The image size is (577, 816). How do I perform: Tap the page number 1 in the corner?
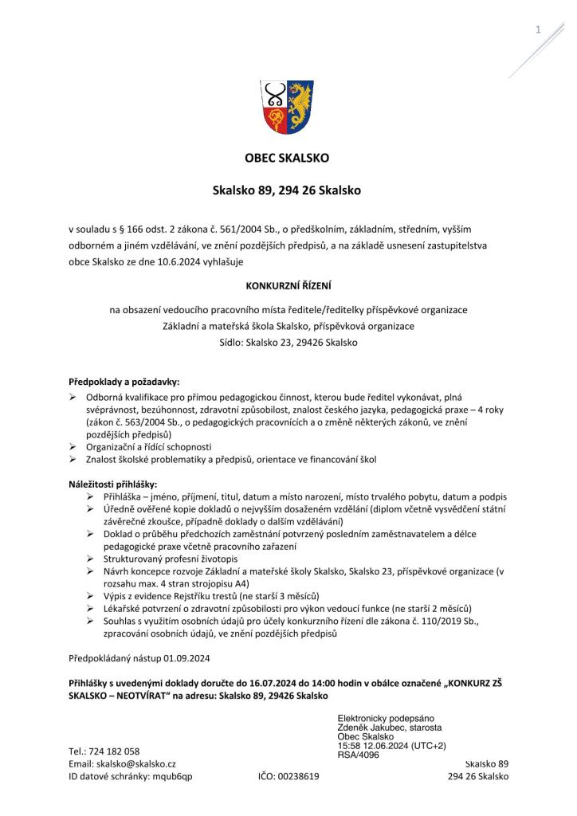tap(538, 29)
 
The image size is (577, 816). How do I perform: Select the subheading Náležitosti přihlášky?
tap(112, 484)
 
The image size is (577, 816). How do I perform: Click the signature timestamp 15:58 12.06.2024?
tap(375, 745)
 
